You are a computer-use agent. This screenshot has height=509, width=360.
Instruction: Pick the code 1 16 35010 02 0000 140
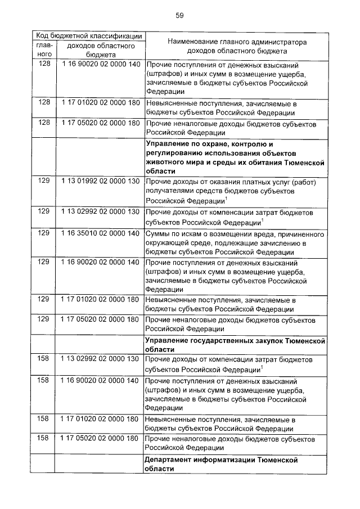[100, 232]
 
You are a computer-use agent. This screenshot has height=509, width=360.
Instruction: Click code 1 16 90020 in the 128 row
[100, 64]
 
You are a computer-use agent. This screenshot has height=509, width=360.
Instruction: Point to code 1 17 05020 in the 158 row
[100, 438]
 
